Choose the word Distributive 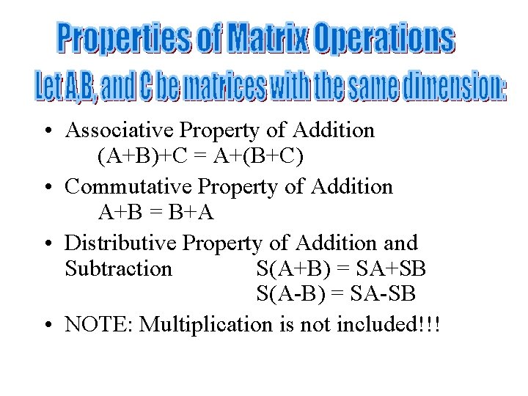tap(121, 242)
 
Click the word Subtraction tap(118, 268)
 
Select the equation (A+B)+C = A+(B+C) tap(199, 157)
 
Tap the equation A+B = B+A tap(155, 213)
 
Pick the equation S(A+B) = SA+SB tap(341, 268)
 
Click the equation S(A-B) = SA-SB tap(336, 295)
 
